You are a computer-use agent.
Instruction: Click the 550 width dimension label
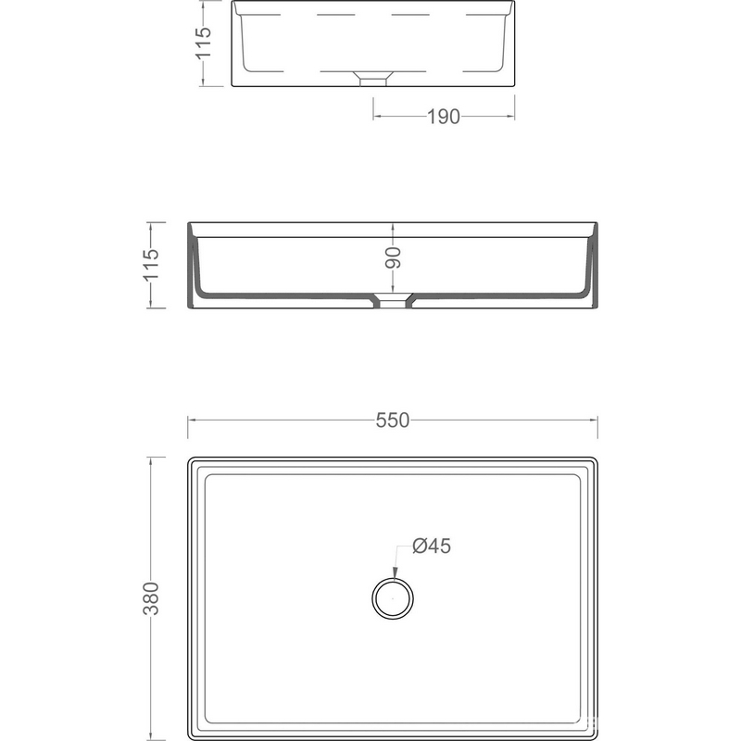tap(392, 421)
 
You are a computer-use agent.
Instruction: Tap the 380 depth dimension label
tap(151, 598)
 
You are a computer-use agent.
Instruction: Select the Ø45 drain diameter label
tap(432, 546)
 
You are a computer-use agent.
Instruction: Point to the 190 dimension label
tap(444, 117)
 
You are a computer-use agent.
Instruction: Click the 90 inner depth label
tap(393, 257)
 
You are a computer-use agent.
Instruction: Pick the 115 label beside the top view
tap(204, 43)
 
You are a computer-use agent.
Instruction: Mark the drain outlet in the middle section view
tap(392, 300)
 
